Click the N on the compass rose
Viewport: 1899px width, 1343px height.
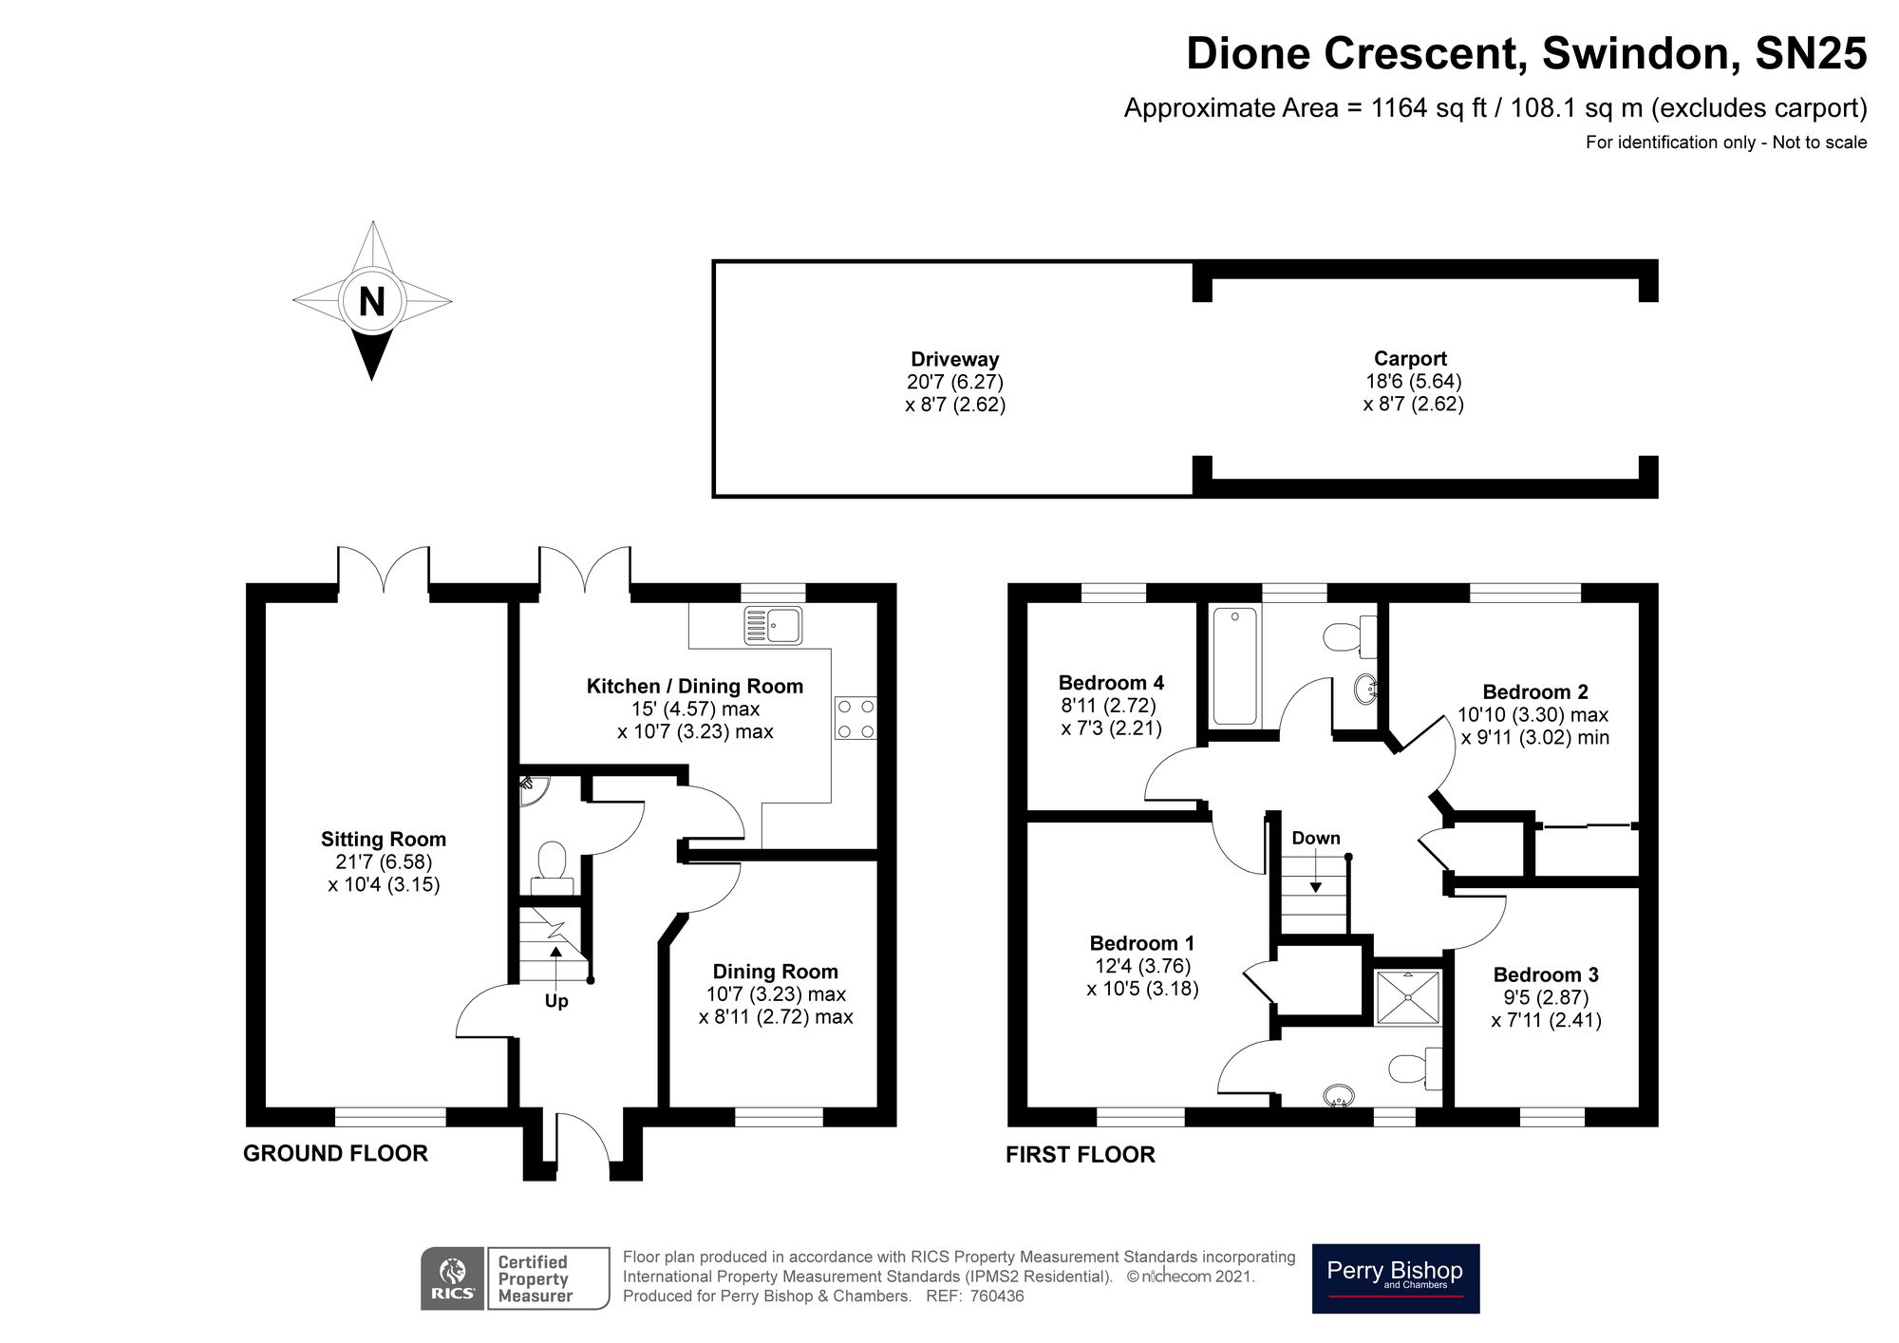point(372,302)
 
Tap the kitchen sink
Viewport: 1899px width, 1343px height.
point(774,625)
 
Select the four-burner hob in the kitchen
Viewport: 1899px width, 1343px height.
point(855,718)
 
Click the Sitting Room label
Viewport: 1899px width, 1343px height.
point(384,840)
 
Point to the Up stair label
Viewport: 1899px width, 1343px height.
point(556,1001)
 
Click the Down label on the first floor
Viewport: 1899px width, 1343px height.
point(1316,838)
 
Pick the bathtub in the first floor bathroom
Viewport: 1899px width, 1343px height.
point(1235,666)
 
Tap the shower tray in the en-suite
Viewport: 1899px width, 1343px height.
point(1408,997)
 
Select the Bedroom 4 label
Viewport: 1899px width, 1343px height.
point(1111,683)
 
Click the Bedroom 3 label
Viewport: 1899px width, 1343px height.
point(1546,974)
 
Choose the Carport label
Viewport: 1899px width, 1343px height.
point(1411,359)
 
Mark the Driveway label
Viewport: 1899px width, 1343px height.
point(955,359)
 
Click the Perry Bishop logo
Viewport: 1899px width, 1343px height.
point(1396,1278)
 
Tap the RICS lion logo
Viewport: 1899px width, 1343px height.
point(454,1278)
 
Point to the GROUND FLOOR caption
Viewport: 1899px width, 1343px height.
point(336,1153)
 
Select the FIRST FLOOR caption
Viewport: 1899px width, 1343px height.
point(1081,1155)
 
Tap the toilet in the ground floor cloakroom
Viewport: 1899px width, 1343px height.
point(552,869)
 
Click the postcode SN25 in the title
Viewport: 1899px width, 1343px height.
point(1811,53)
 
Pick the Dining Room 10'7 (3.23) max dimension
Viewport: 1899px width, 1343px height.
point(776,994)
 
